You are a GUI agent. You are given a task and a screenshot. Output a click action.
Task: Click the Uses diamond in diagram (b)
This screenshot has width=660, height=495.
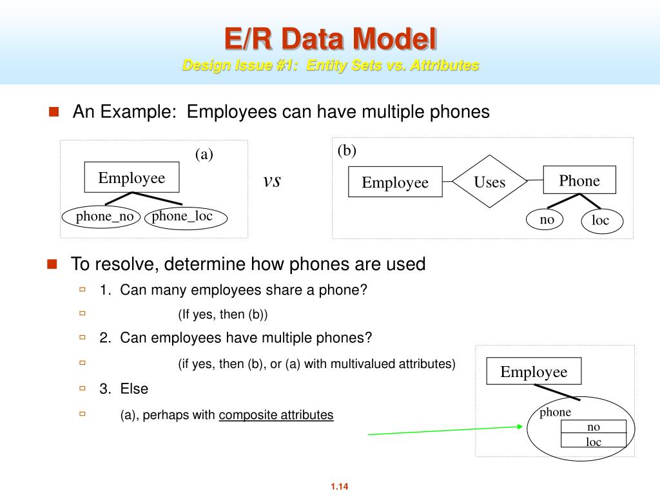point(489,182)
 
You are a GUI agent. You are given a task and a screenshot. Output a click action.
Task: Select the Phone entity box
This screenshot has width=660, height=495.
point(579,180)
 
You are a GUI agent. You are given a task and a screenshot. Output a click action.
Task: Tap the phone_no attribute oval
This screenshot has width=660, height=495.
point(104,217)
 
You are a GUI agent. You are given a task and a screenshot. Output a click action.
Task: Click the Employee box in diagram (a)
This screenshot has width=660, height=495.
point(131,178)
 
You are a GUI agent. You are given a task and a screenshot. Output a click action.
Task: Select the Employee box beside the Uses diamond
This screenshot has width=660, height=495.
point(395,182)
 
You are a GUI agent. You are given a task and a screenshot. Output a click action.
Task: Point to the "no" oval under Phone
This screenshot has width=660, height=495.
point(547,219)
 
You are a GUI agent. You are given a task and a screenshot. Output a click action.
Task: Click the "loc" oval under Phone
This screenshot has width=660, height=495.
point(600,221)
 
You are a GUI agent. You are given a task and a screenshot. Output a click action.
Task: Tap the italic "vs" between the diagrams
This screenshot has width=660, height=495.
point(272,181)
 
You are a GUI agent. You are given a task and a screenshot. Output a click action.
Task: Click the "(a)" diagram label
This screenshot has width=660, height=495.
point(204,155)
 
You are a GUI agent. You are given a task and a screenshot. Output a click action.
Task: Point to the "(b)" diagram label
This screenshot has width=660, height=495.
point(347,151)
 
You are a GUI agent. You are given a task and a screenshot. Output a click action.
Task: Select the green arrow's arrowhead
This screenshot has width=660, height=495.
point(520,426)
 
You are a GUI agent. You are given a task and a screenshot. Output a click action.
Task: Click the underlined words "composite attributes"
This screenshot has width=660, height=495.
point(276,415)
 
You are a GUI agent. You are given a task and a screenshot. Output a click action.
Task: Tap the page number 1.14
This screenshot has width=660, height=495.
point(339,487)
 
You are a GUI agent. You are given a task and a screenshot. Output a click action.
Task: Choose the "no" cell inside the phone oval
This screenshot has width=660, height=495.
point(593,427)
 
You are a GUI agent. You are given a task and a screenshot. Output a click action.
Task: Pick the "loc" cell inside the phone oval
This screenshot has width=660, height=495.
point(593,441)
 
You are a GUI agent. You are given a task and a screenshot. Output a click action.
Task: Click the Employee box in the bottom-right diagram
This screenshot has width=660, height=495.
point(534,372)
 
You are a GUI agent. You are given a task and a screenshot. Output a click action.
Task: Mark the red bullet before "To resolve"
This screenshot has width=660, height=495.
point(52,264)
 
